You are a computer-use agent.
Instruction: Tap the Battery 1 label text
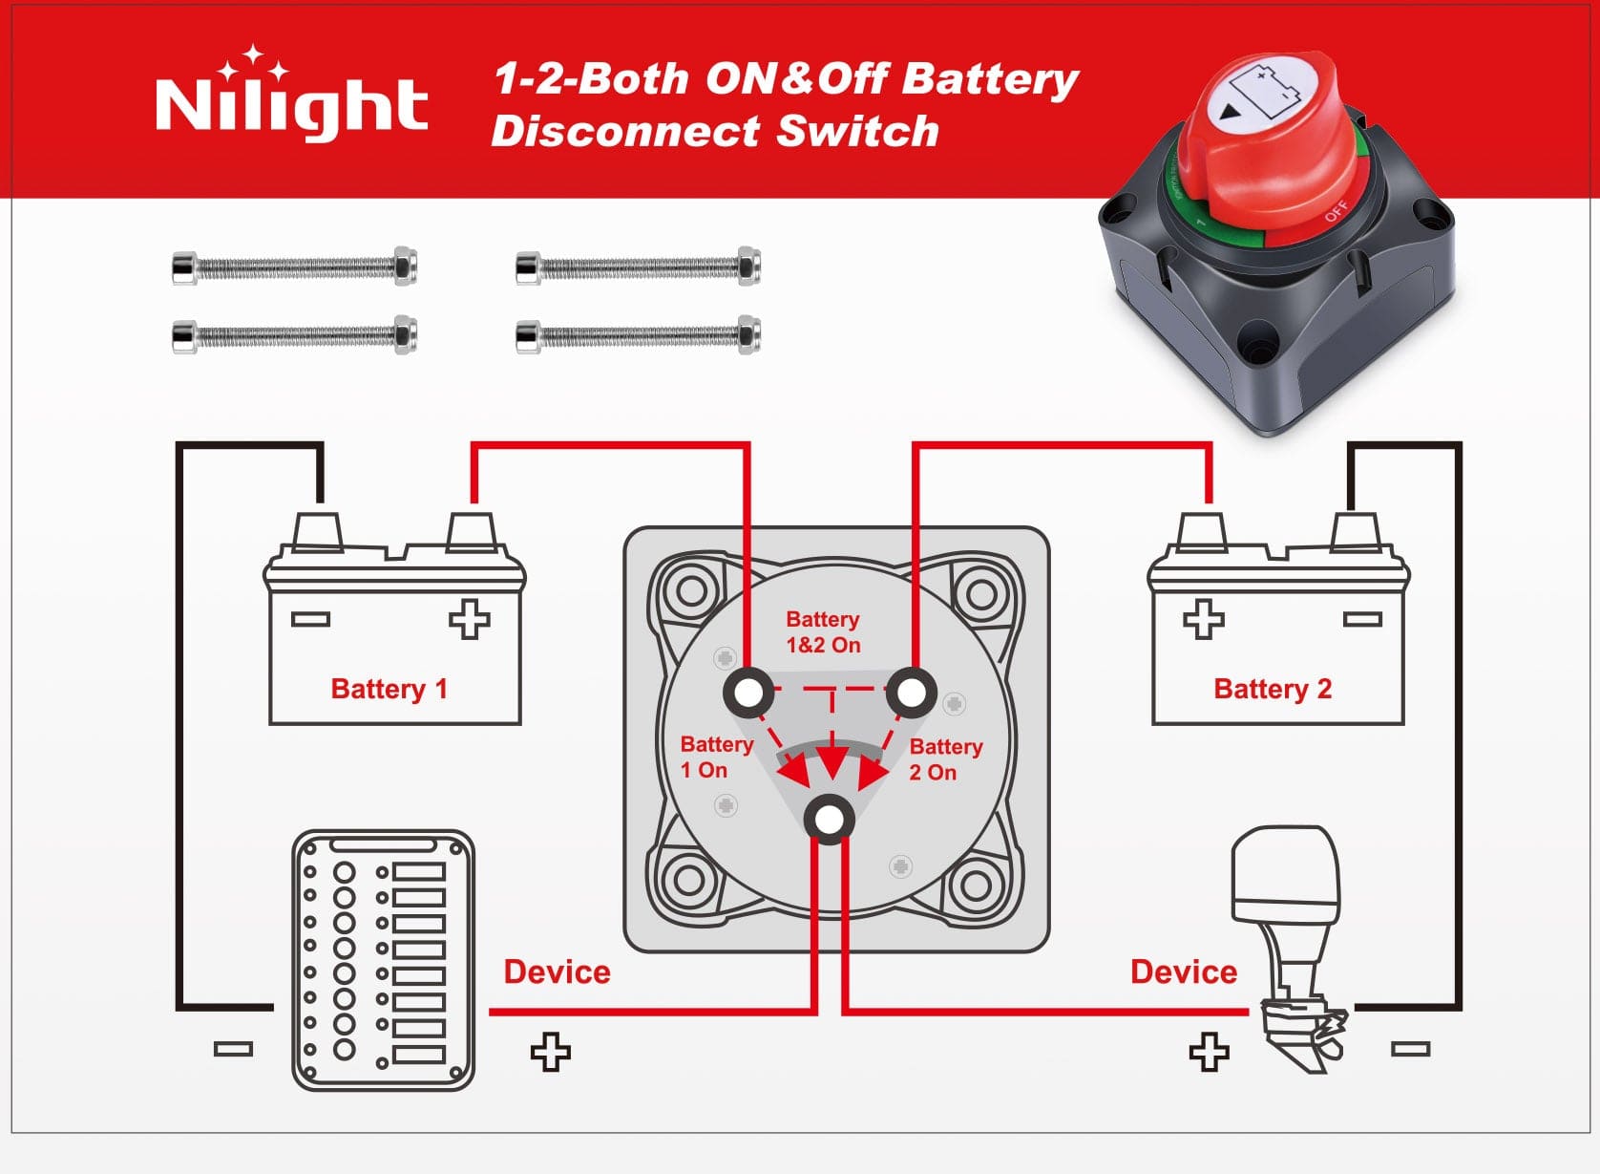[x=389, y=689]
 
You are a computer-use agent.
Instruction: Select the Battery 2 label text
[x=1272, y=689]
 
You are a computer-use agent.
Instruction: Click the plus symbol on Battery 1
[x=469, y=619]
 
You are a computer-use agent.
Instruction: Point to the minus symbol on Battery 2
[x=1362, y=620]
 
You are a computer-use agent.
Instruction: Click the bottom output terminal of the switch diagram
[x=829, y=820]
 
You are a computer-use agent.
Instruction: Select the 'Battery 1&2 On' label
[x=823, y=632]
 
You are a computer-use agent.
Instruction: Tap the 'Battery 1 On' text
[x=716, y=757]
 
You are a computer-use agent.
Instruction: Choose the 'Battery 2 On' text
[x=945, y=759]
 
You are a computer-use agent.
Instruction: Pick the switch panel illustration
[x=383, y=960]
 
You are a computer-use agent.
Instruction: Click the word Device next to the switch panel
[x=557, y=971]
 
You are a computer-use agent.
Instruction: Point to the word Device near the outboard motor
[x=1183, y=971]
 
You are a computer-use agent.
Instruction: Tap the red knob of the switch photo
[x=1270, y=143]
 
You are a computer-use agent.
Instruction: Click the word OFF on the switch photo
[x=1336, y=210]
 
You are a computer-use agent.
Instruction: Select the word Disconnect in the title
[x=631, y=131]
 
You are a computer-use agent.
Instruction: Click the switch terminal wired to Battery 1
[x=748, y=693]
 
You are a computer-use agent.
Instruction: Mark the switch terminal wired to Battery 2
[x=911, y=693]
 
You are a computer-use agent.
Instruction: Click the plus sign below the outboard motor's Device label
[x=1209, y=1052]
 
